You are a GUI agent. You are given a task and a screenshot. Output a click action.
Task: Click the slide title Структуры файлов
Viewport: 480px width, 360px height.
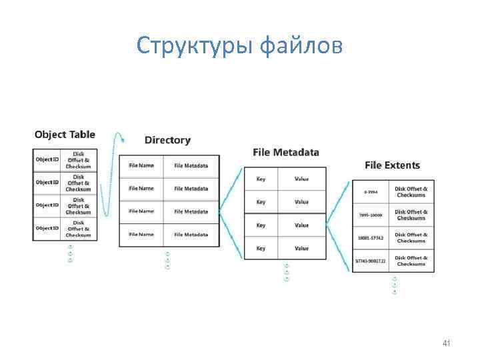coord(240,45)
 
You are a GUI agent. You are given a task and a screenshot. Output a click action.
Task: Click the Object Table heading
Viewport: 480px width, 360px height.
coord(65,135)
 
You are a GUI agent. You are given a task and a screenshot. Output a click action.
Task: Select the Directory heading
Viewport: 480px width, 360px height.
coord(167,140)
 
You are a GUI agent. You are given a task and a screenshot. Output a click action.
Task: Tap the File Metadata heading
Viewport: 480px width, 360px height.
coord(286,152)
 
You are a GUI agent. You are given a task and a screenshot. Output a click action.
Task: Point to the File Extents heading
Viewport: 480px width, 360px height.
coord(392,165)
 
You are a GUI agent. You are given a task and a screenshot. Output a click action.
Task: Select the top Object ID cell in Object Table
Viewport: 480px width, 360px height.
coord(47,160)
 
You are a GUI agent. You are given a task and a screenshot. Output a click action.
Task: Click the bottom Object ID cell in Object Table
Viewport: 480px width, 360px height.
coord(47,229)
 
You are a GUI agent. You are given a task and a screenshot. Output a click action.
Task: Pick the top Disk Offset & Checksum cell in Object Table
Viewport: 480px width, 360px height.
coord(79,160)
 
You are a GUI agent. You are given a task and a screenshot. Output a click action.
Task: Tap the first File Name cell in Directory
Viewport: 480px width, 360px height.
coord(141,166)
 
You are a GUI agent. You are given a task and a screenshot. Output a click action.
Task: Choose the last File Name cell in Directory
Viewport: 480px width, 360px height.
coord(141,235)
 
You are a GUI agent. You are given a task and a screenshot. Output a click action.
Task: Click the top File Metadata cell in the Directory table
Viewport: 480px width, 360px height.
coord(191,166)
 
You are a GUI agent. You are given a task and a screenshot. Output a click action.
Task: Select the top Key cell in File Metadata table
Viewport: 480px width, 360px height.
coord(261,179)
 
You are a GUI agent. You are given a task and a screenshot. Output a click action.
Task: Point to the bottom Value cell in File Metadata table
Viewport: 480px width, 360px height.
coord(302,249)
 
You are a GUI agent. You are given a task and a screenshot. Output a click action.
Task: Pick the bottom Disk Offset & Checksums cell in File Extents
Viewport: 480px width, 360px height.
coord(411,261)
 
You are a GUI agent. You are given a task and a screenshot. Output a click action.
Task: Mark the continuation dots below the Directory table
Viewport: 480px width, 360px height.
coord(167,261)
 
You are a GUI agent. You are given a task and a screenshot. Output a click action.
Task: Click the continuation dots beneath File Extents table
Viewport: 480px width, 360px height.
coord(394,285)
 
